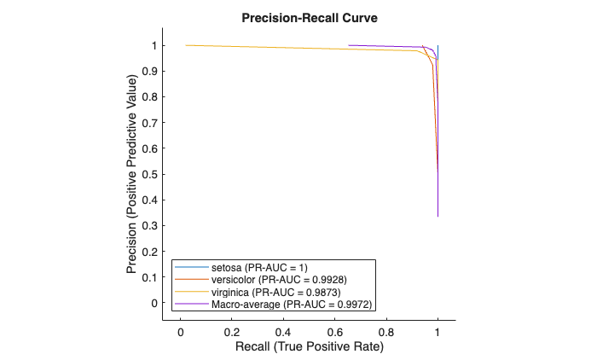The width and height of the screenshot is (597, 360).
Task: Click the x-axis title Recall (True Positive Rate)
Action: [308, 347]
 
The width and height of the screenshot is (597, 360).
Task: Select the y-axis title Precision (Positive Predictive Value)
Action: [132, 174]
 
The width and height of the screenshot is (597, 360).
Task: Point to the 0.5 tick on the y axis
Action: [152, 175]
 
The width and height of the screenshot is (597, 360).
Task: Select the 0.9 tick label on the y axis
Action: [152, 72]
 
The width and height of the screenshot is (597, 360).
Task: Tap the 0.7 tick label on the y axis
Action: [152, 123]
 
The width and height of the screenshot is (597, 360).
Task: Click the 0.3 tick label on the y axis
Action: [152, 226]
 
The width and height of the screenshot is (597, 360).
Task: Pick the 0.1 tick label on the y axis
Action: [152, 277]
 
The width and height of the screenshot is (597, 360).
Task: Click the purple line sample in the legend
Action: [189, 304]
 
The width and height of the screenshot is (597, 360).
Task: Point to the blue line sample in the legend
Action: [189, 268]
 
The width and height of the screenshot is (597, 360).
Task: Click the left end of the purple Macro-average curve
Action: [350, 45]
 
